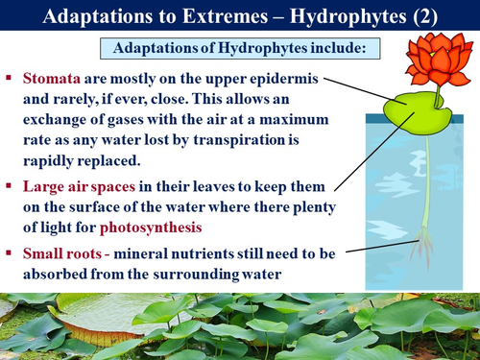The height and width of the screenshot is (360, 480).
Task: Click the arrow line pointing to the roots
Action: pos(374,250)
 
